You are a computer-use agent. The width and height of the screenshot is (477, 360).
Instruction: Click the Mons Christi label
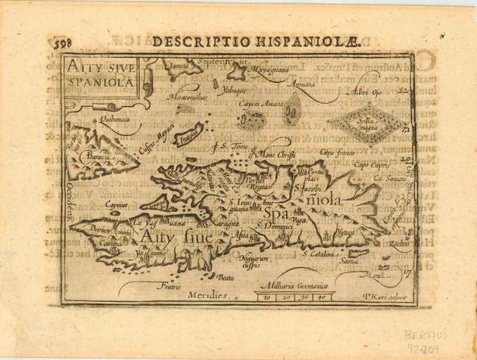[x=276, y=155]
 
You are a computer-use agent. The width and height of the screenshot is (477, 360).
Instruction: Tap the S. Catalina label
[x=320, y=254]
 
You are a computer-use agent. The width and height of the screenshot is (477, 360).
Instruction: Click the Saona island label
[x=349, y=260]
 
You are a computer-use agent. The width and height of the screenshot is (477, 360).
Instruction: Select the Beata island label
[x=226, y=276]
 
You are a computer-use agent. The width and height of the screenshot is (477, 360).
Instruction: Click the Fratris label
[x=169, y=286]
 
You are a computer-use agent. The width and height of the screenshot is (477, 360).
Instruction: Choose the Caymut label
[x=98, y=206]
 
